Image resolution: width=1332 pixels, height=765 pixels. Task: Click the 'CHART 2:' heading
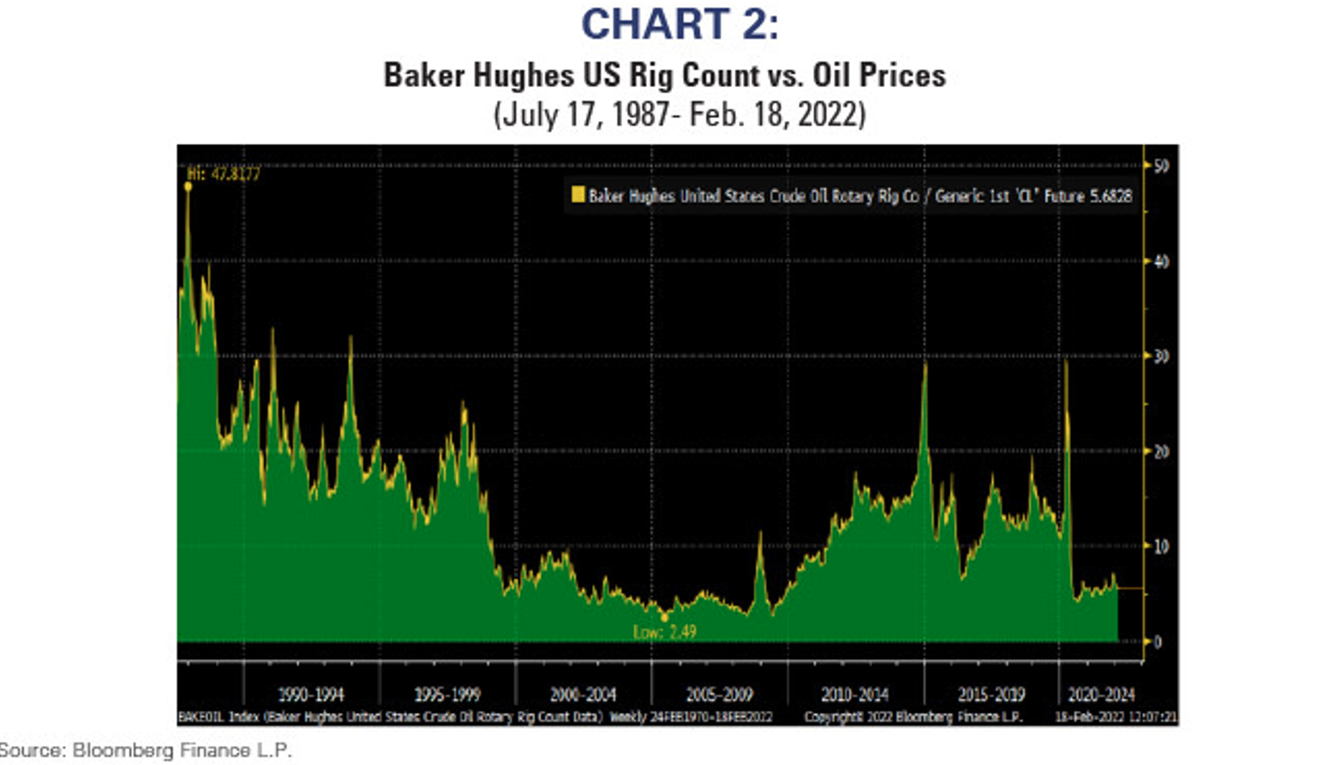680,24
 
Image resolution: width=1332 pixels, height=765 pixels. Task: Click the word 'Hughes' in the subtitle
523,75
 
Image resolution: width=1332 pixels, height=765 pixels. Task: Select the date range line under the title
680,114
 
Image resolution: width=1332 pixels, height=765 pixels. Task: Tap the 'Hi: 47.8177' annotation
224,174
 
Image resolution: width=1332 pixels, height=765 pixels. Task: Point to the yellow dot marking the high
188,186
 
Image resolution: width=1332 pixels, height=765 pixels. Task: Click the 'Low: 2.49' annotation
664,632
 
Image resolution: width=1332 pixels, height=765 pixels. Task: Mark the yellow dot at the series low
665,617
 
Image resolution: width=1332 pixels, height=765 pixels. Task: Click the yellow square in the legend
578,195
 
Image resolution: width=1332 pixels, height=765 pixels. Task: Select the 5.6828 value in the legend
1110,195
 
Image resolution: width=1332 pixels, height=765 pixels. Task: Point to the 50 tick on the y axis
1161,166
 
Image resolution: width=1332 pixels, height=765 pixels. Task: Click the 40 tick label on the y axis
1161,262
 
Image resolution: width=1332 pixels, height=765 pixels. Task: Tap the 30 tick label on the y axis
1161,356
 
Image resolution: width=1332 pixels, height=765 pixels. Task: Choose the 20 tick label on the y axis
1161,451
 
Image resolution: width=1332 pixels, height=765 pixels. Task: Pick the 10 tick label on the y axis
1161,547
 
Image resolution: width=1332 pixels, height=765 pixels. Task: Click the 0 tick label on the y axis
1158,642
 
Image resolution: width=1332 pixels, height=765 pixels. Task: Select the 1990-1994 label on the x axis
311,694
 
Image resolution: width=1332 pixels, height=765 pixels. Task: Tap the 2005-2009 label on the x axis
719,694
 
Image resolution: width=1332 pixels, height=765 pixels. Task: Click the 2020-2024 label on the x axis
1101,694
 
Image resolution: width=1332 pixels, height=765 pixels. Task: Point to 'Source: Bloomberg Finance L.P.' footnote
146,750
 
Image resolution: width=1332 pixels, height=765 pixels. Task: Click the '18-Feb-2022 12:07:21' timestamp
1115,717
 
